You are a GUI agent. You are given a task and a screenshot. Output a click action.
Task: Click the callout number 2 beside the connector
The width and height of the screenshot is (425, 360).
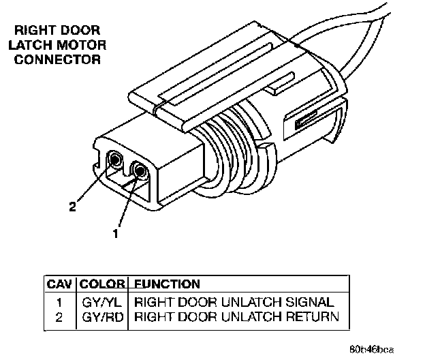(72, 207)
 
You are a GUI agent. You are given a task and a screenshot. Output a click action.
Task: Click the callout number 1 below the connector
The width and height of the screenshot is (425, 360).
(116, 234)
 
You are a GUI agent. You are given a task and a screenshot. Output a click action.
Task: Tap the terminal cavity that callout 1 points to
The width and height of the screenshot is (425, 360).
(140, 172)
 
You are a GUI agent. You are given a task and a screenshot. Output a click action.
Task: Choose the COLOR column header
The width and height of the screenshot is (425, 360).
(102, 284)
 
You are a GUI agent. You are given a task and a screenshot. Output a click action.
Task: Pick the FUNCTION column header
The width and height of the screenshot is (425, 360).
(167, 284)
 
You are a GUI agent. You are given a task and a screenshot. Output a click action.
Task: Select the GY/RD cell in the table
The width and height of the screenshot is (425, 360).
(102, 316)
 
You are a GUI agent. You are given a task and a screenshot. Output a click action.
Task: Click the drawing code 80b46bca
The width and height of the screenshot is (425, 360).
(372, 349)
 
